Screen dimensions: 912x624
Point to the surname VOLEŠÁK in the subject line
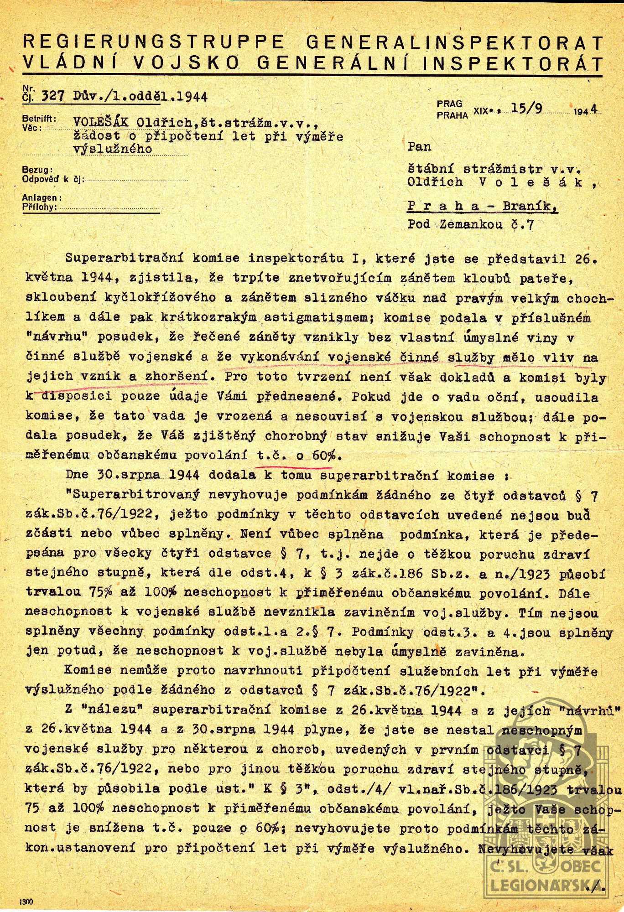(99, 122)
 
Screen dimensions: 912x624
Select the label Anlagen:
(41, 198)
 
